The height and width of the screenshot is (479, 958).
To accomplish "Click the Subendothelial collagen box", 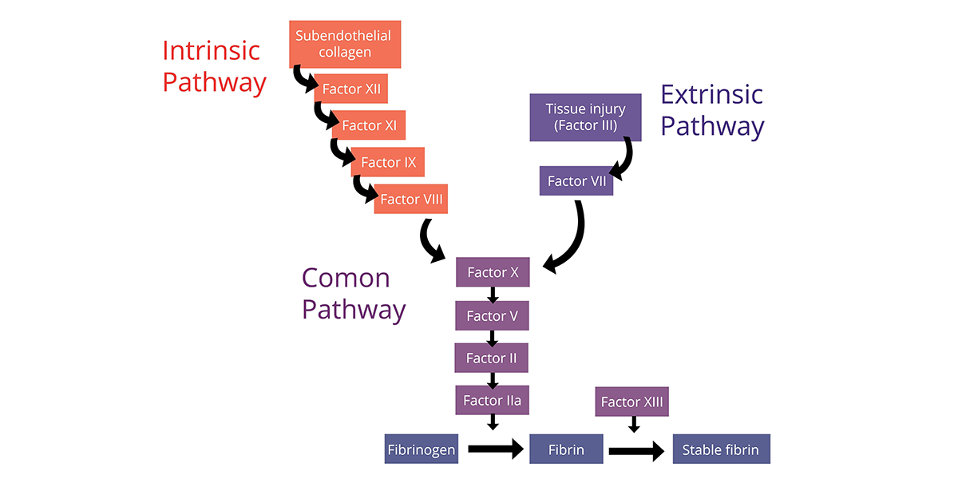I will click(345, 45).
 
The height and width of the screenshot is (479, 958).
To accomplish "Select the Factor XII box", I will click(351, 89).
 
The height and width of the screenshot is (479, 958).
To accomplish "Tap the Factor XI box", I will click(370, 125).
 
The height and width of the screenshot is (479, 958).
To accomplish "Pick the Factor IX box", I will click(388, 162).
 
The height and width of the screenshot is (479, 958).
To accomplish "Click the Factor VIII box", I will click(411, 200).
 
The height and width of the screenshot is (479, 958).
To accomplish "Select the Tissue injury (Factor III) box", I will click(585, 117).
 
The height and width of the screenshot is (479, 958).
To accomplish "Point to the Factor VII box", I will click(576, 181).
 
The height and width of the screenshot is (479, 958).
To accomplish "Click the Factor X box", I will click(493, 272).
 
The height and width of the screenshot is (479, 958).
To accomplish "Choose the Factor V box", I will click(493, 316).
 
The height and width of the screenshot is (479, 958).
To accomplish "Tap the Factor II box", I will click(493, 358).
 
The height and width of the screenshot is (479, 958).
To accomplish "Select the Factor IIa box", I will click(493, 400).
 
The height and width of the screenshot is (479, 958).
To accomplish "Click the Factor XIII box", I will click(631, 402).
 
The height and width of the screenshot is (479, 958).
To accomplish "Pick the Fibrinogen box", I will click(422, 449).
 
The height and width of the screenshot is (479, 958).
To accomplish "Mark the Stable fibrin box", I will click(721, 449).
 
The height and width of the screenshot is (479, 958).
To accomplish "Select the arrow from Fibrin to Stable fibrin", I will click(635, 451).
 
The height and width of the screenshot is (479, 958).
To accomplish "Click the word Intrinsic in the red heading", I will click(211, 50).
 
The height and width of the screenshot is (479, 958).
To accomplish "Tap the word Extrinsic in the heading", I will click(711, 94).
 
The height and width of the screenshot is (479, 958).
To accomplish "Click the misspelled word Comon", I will click(346, 278).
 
